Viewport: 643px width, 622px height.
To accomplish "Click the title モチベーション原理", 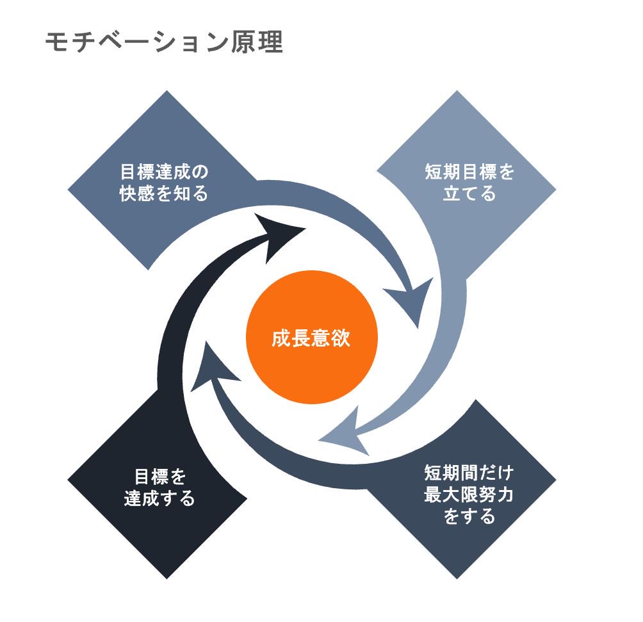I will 163,43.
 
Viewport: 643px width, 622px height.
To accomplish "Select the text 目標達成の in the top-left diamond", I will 165,173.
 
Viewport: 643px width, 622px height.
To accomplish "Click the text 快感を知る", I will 164,193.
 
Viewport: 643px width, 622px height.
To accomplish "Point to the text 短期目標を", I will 469,173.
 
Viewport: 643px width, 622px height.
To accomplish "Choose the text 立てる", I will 469,193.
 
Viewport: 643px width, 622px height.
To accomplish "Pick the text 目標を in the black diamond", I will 159,477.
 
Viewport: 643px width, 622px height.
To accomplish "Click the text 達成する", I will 159,498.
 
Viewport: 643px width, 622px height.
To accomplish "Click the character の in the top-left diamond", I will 201,173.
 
